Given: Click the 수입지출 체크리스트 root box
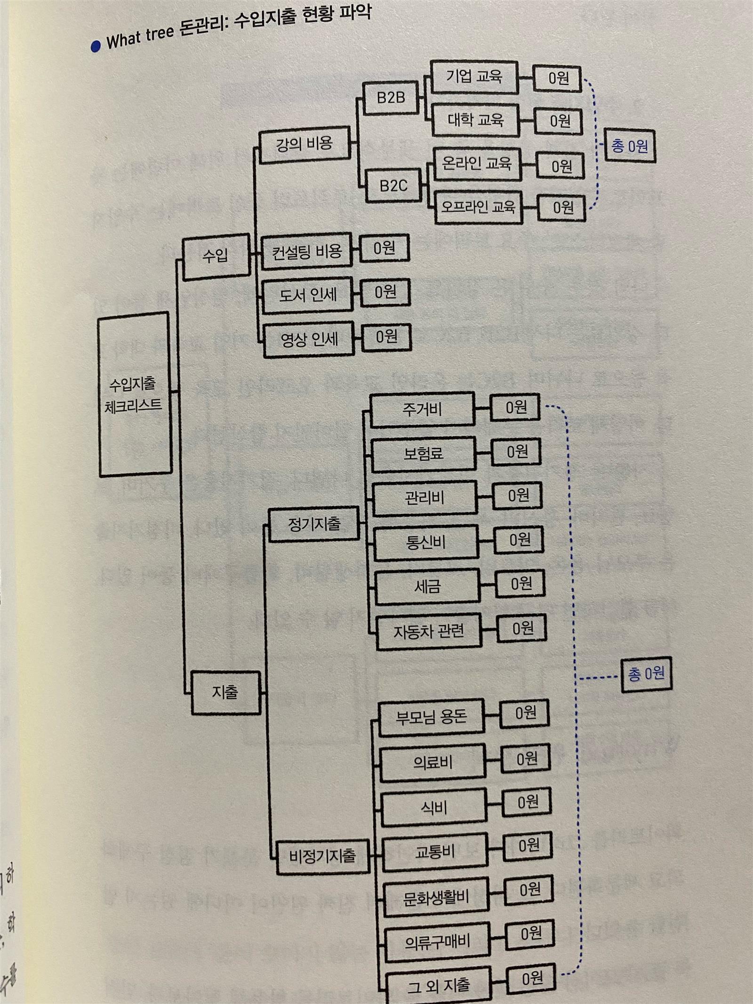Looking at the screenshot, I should coord(135,394).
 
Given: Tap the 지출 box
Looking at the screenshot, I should coord(225,692).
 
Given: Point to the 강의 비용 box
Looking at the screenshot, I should coord(304,144).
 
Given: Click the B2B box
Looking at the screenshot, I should coord(391,98).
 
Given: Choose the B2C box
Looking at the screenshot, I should coord(393,185).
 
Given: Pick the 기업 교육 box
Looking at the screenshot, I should coord(474,77).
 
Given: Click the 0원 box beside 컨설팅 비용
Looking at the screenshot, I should coord(385,248).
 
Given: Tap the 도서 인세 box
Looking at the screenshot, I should coord(308,295).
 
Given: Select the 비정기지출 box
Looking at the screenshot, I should coord(322,856).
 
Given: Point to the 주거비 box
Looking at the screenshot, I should coord(422,410).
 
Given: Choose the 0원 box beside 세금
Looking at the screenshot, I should coord(521,584).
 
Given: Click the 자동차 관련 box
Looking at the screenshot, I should coord(429,631).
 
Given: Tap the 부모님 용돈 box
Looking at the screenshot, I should coord(432,717).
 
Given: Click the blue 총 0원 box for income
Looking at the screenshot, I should coord(630,146).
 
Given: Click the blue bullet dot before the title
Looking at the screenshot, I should coord(96,46).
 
